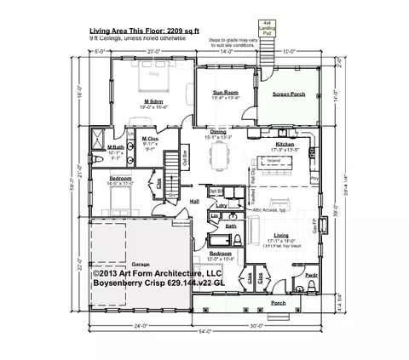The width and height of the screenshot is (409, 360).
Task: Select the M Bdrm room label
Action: point(153,103)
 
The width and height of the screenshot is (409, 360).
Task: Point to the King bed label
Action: point(154,74)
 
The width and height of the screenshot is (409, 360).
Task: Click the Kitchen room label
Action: point(284,145)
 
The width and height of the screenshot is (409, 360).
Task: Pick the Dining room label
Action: point(219,132)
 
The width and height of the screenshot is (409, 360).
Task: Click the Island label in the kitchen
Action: point(274,160)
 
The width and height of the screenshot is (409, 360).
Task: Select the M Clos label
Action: point(150,139)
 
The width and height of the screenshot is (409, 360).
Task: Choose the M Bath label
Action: point(116,148)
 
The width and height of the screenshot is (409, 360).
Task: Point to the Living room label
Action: point(280,235)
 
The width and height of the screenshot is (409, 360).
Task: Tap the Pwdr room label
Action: point(311,276)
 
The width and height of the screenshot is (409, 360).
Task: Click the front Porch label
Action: point(254,302)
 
